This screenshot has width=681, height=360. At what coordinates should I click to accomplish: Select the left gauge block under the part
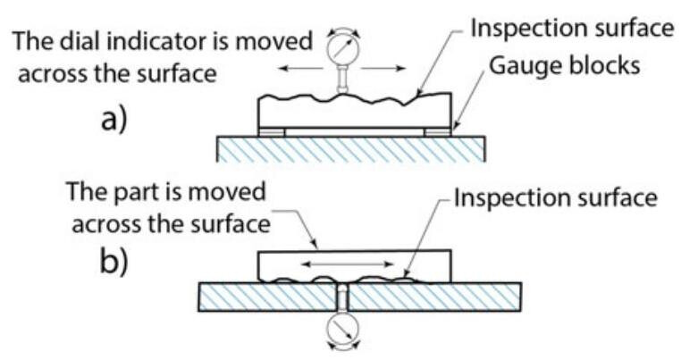[x=272, y=132]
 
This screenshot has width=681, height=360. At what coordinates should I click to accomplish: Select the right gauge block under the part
[x=438, y=132]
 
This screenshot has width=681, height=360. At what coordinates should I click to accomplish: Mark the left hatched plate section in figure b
[x=264, y=296]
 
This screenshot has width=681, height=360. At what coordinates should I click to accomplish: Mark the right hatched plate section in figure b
[x=433, y=296]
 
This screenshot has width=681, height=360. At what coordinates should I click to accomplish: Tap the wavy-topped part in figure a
[x=353, y=112]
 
